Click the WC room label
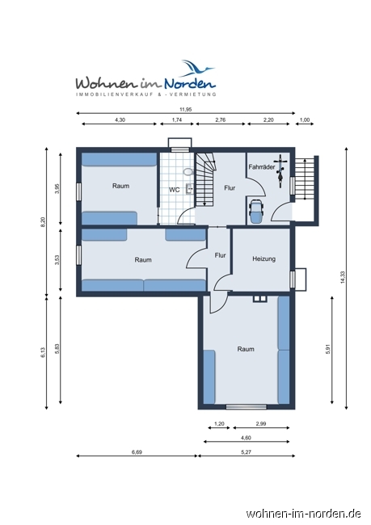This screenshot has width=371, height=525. (174, 190)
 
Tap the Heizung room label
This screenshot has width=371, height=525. (263, 259)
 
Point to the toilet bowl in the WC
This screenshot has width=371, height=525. (188, 172)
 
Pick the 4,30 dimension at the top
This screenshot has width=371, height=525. (120, 120)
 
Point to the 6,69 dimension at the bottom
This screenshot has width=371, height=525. (137, 452)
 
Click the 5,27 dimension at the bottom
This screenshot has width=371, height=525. (246, 452)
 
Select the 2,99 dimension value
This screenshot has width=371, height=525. (261, 424)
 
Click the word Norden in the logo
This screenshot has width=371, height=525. (191, 82)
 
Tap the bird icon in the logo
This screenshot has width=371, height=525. (198, 67)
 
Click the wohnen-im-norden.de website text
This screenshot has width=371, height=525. (303, 513)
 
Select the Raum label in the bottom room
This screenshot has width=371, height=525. (246, 349)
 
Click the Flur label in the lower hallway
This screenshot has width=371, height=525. (220, 255)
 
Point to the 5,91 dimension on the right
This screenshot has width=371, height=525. (327, 350)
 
